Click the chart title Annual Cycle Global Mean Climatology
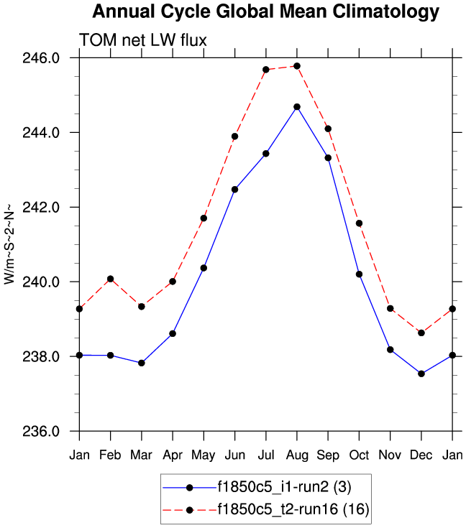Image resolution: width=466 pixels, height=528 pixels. tap(265, 12)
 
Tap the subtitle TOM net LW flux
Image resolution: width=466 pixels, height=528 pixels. tap(143, 41)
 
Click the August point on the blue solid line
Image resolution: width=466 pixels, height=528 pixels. tap(297, 107)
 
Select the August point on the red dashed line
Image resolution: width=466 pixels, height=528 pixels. tap(297, 66)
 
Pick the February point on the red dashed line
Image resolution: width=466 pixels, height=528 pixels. tap(110, 279)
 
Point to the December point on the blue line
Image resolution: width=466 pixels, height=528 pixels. tap(421, 374)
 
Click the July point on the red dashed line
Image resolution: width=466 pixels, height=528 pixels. tap(266, 70)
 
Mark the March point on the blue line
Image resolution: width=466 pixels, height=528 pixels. tap(142, 363)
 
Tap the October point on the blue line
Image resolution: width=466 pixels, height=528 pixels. tap(359, 274)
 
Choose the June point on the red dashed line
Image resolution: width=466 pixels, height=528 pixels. tap(234, 136)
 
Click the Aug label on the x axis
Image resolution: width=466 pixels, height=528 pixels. tap(297, 455)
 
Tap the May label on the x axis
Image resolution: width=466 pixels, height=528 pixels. tap(204, 455)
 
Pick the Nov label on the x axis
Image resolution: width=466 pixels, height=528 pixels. tap(390, 455)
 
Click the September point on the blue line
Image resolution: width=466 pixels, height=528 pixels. tap(328, 157)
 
